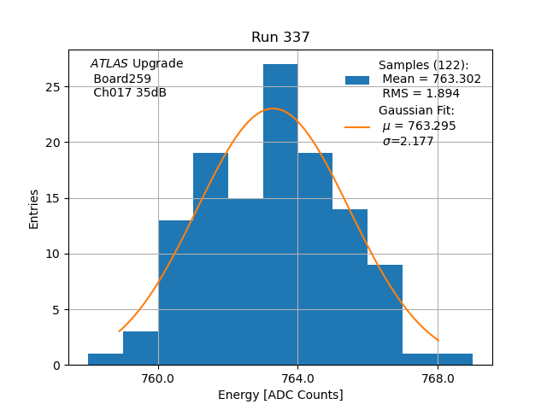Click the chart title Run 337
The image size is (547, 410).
pyautogui.click(x=280, y=38)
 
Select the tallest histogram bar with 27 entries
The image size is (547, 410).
pyautogui.click(x=280, y=214)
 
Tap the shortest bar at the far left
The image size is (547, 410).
pyautogui.click(x=105, y=359)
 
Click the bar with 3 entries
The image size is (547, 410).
pyautogui.click(x=140, y=348)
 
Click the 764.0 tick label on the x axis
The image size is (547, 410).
pyautogui.click(x=297, y=378)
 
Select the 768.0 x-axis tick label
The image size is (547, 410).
pyautogui.click(x=438, y=378)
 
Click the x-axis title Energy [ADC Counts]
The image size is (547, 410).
pyautogui.click(x=280, y=395)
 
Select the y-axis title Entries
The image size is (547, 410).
pyautogui.click(x=34, y=209)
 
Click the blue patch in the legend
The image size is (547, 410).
pyautogui.click(x=357, y=79)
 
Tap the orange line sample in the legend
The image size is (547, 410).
pyautogui.click(x=357, y=126)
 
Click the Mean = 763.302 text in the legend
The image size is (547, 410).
pyautogui.click(x=431, y=79)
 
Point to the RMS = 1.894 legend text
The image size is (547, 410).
pyautogui.click(x=421, y=93)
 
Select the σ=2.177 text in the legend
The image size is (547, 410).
pyautogui.click(x=408, y=141)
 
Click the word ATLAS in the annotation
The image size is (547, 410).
pyautogui.click(x=109, y=64)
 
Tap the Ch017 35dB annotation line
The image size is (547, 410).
pyautogui.click(x=129, y=93)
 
